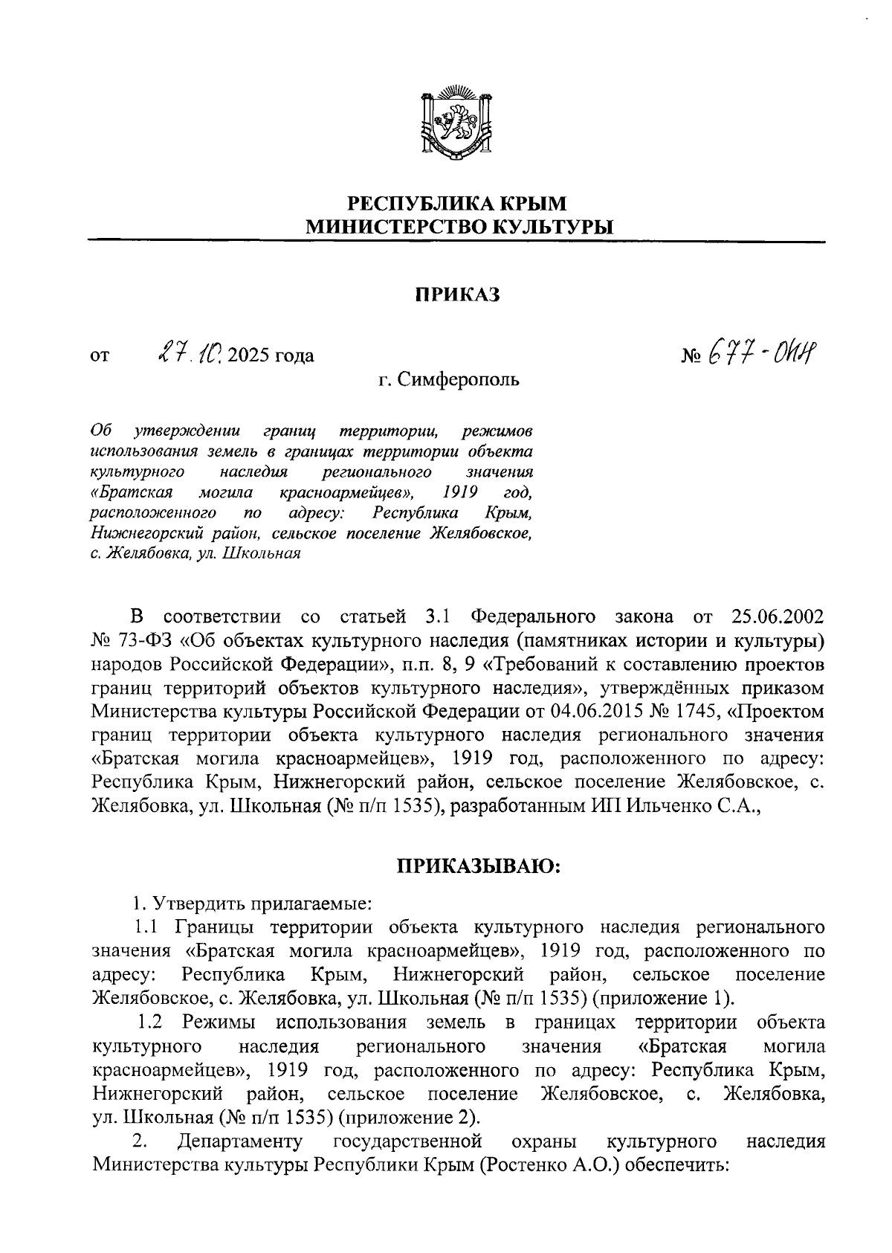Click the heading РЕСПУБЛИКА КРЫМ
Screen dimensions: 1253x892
point(457,203)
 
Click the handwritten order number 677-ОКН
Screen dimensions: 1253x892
point(766,350)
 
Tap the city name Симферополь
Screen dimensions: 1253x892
point(459,380)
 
